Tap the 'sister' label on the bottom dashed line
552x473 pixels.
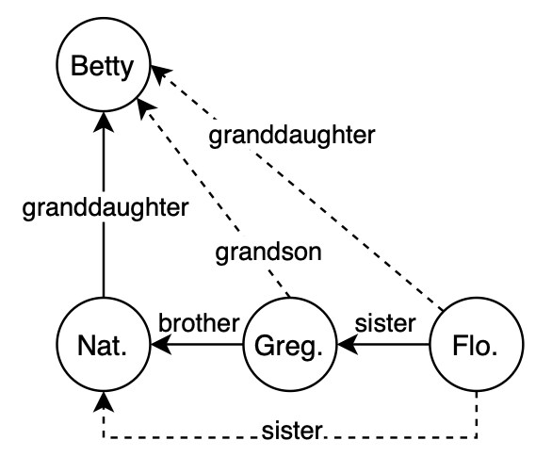[293, 434]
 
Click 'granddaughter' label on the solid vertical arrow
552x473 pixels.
[103, 204]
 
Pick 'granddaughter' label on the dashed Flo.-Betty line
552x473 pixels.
[292, 136]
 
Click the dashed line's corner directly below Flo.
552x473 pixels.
[477, 437]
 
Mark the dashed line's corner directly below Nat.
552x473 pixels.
[103, 437]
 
